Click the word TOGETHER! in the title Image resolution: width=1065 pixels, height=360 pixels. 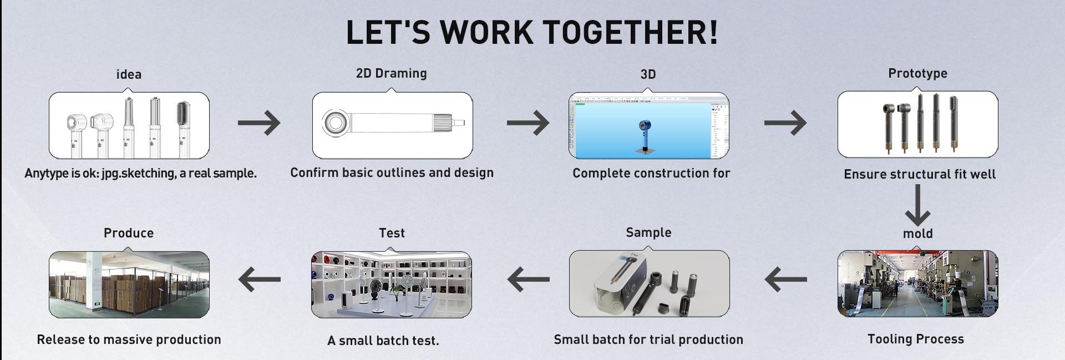(x=630, y=32)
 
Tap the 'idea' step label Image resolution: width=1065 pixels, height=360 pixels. (x=129, y=74)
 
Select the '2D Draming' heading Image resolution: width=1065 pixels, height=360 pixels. (x=392, y=73)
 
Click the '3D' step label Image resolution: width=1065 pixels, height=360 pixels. (x=648, y=74)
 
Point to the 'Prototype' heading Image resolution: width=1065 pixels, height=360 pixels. (x=917, y=74)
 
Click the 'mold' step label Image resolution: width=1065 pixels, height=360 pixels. (x=917, y=234)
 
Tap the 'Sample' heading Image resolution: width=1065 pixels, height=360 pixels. (x=648, y=232)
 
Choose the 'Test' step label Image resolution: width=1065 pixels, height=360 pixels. (x=392, y=233)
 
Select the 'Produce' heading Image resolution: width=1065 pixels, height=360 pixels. (x=129, y=233)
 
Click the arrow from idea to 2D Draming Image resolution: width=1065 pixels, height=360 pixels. (x=259, y=123)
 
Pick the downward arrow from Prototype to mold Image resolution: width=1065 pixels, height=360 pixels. (x=917, y=205)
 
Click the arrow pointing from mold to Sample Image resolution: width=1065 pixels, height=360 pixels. (x=785, y=278)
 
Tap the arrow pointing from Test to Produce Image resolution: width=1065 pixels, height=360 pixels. (x=259, y=278)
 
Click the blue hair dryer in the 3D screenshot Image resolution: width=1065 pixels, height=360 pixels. (x=645, y=135)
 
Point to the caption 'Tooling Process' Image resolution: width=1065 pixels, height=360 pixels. (x=916, y=339)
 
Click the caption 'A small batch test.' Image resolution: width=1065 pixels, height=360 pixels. (x=383, y=341)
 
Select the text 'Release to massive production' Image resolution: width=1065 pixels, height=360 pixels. (x=129, y=339)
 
